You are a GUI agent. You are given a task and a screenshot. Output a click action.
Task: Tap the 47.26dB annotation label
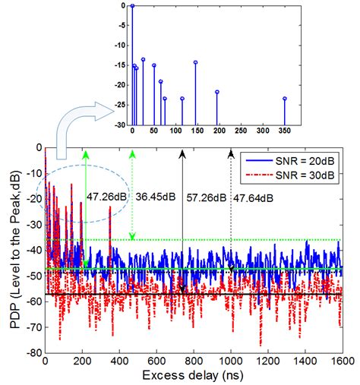pos(106,196)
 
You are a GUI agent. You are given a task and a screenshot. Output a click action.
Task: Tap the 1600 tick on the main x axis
pos(342,361)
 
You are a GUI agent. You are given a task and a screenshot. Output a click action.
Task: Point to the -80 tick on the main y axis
pos(34,353)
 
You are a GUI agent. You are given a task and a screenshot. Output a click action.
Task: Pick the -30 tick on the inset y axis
pos(118,125)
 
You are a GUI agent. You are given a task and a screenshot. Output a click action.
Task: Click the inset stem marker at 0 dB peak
pos(132,5)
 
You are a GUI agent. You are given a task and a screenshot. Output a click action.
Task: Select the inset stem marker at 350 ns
pos(285,99)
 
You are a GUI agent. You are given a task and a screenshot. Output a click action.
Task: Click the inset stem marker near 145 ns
pos(195,62)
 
